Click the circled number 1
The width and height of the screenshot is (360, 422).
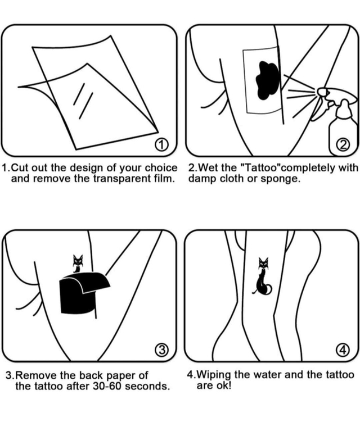tap(161, 146)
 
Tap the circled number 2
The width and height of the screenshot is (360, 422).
tap(343, 145)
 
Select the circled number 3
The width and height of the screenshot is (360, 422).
tap(161, 350)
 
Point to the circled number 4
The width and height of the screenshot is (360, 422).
tap(343, 350)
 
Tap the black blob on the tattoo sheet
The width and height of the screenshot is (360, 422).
tap(267, 80)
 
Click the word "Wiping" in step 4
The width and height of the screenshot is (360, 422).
tap(214, 375)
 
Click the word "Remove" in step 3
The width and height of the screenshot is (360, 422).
tap(36, 375)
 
